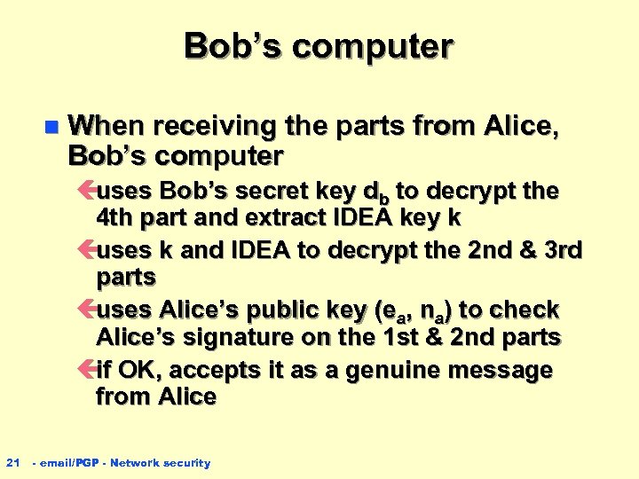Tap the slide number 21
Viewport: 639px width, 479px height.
(12, 462)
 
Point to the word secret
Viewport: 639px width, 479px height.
(270, 191)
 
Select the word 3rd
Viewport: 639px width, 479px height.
(559, 250)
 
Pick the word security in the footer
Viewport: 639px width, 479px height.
(186, 462)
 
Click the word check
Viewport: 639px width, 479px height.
(526, 310)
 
